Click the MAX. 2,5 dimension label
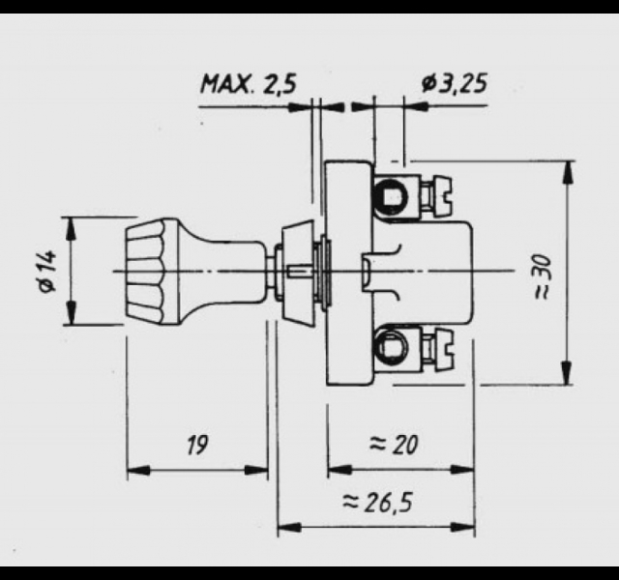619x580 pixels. click(x=249, y=84)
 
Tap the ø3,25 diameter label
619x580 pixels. click(x=454, y=83)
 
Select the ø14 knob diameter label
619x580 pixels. click(x=47, y=272)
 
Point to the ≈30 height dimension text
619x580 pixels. click(x=543, y=276)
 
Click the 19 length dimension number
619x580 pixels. click(x=196, y=445)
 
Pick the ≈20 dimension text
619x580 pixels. click(x=394, y=445)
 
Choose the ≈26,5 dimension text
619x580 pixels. click(x=377, y=503)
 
